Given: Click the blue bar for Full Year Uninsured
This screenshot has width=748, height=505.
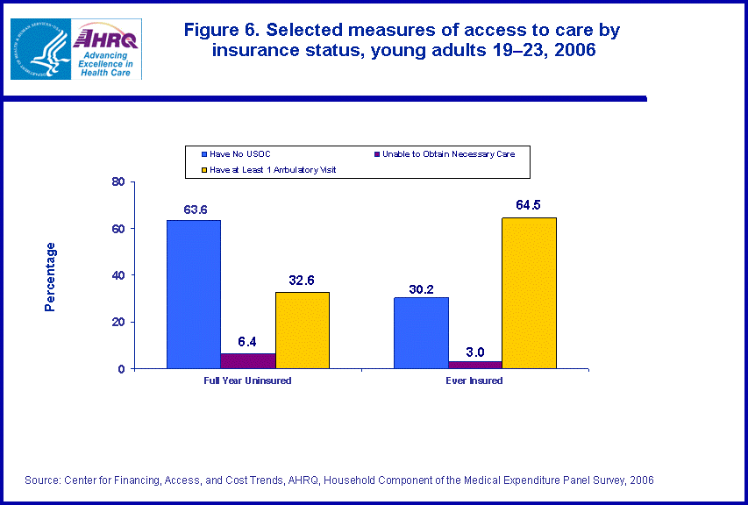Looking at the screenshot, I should tap(194, 294).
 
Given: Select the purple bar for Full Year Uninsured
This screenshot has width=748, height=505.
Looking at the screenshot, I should tap(247, 360).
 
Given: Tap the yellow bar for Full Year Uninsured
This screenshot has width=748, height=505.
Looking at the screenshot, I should tap(302, 330).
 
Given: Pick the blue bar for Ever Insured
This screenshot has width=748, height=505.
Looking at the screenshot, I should tap(421, 332).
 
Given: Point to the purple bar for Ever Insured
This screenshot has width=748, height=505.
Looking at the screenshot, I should tap(475, 365).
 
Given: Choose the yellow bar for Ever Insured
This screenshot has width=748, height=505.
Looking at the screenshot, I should tap(529, 293).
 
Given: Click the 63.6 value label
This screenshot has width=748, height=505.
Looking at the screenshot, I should tap(194, 210).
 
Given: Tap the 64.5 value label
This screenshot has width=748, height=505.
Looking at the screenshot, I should tap(529, 207).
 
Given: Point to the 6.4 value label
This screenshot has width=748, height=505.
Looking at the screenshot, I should tap(247, 343).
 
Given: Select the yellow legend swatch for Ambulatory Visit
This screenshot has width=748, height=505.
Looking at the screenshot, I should tap(203, 169).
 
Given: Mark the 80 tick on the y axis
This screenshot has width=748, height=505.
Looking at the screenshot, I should tap(118, 181).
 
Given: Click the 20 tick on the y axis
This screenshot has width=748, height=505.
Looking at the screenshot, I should tap(118, 322).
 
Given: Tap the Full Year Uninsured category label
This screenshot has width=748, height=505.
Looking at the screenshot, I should tap(248, 381).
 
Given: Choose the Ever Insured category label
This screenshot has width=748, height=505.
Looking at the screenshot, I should tap(475, 381).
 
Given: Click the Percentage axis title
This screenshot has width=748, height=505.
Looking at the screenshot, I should tap(51, 275).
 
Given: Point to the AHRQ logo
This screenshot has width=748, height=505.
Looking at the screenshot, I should tap(107, 48).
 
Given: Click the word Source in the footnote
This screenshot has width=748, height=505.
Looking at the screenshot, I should tap(41, 480).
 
